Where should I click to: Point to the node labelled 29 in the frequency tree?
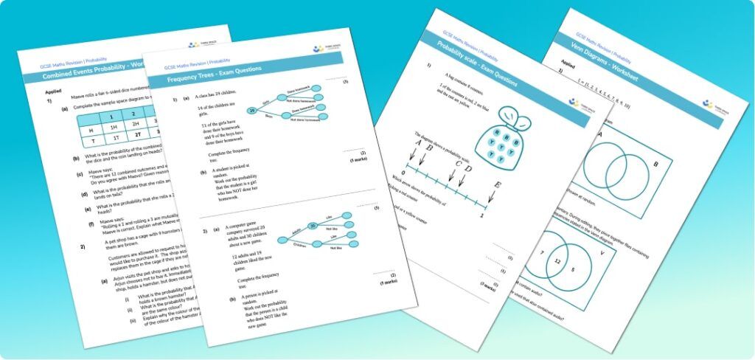point(251,111)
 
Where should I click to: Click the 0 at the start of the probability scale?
point(403,171)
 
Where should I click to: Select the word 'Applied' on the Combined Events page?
point(54,90)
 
